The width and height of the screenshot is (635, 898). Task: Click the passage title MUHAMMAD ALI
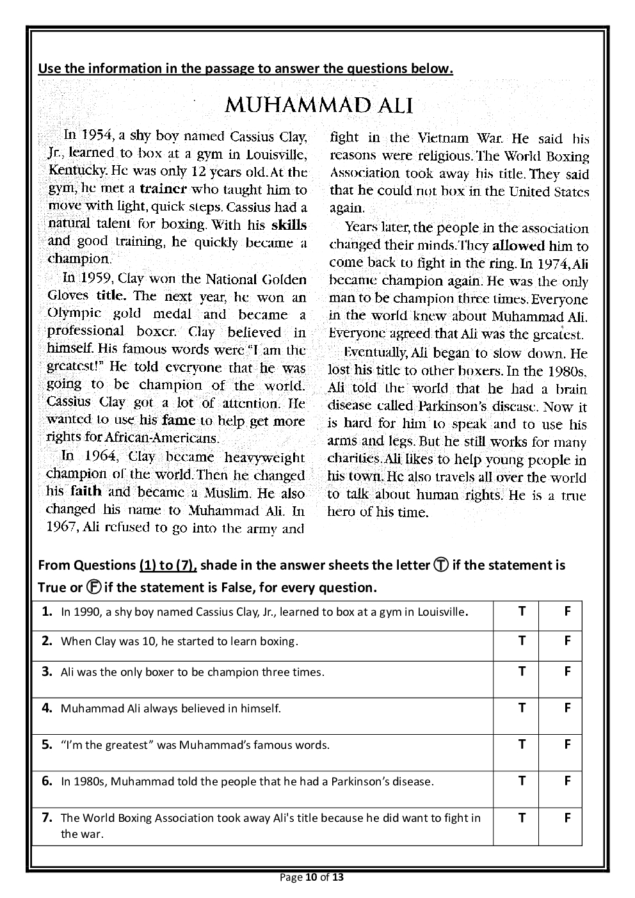click(x=318, y=106)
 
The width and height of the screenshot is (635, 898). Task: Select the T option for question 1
click(x=522, y=611)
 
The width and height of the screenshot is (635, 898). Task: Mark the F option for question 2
click(x=567, y=641)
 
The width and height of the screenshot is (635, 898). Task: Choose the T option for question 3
click(x=522, y=671)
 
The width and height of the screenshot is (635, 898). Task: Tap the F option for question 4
click(x=567, y=708)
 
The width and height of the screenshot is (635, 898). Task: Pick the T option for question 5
click(x=522, y=744)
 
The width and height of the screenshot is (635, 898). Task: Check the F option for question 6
click(x=567, y=781)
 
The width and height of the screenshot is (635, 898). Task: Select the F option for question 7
click(x=567, y=817)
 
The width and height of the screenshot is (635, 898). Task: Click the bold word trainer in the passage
click(x=163, y=189)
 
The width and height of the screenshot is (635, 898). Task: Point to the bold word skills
click(x=289, y=225)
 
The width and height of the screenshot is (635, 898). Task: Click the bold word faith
click(x=86, y=492)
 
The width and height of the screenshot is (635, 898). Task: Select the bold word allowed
click(x=518, y=246)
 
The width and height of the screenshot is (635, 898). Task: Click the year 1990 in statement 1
click(x=88, y=612)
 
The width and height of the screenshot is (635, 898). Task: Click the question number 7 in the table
click(x=47, y=817)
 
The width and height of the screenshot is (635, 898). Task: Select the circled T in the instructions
click(x=440, y=565)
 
